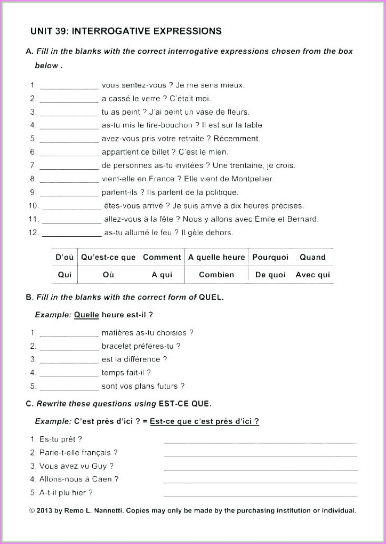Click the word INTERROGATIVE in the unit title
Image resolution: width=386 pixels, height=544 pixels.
110,31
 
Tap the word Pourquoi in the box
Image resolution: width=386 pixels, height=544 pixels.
270,257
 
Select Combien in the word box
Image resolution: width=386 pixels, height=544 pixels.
216,275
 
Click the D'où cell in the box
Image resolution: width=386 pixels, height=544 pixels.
65,257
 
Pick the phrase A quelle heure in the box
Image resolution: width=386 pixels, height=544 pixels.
216,257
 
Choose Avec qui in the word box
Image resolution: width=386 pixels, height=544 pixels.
313,275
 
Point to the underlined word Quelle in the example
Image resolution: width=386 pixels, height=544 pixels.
86,315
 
